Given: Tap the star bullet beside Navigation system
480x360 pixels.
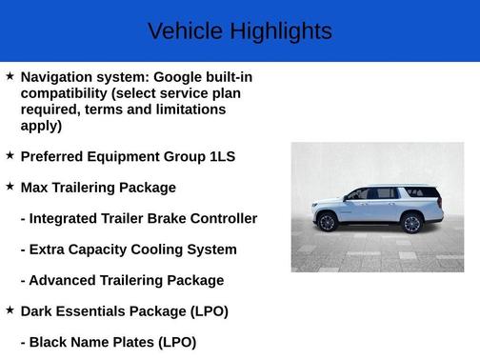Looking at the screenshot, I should click(10, 75).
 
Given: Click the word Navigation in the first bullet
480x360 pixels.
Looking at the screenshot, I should click(57, 76).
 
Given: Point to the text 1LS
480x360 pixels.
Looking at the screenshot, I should click(222, 156).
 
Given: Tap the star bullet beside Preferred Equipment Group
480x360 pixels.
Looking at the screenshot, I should click(10, 154).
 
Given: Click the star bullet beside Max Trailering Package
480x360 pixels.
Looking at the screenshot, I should click(10, 186).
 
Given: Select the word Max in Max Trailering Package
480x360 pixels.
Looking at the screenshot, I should click(35, 188).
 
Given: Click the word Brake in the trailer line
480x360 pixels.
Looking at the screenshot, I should click(167, 218).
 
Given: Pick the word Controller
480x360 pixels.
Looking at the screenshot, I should click(224, 218).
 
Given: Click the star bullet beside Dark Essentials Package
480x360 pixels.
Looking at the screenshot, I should click(10, 310).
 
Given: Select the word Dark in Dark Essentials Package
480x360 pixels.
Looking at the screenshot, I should click(37, 311).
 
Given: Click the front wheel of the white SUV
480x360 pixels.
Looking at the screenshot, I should click(328, 223).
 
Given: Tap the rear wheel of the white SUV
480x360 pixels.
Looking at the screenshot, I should click(411, 223).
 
